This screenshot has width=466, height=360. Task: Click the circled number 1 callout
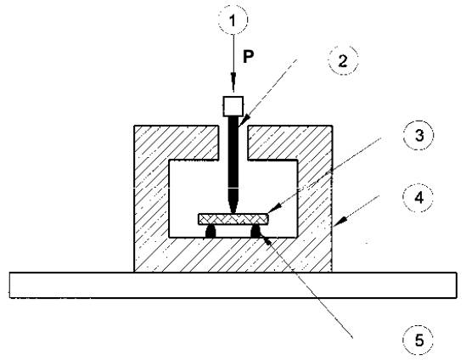(x=233, y=20)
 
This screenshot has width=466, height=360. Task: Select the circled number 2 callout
(x=343, y=60)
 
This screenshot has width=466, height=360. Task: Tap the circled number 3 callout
(x=418, y=135)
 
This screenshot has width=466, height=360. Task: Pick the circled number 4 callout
(x=418, y=197)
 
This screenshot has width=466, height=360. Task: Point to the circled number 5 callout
(x=418, y=340)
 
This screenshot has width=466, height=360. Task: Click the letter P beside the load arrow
(x=249, y=57)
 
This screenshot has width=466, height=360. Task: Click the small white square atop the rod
(x=233, y=106)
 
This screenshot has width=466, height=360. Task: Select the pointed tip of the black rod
(x=233, y=213)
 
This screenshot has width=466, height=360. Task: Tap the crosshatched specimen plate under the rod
(x=233, y=219)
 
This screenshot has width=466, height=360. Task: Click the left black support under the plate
(x=211, y=232)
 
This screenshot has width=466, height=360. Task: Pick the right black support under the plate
(x=255, y=232)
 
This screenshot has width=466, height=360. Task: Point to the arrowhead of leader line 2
(x=242, y=122)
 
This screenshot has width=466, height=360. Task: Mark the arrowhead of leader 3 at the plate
(x=274, y=208)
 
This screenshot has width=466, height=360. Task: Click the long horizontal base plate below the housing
(x=233, y=285)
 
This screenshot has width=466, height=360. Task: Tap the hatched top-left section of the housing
(x=177, y=143)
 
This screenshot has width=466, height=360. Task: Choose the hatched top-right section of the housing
(x=290, y=143)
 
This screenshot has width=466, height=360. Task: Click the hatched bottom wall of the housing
(x=233, y=255)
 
